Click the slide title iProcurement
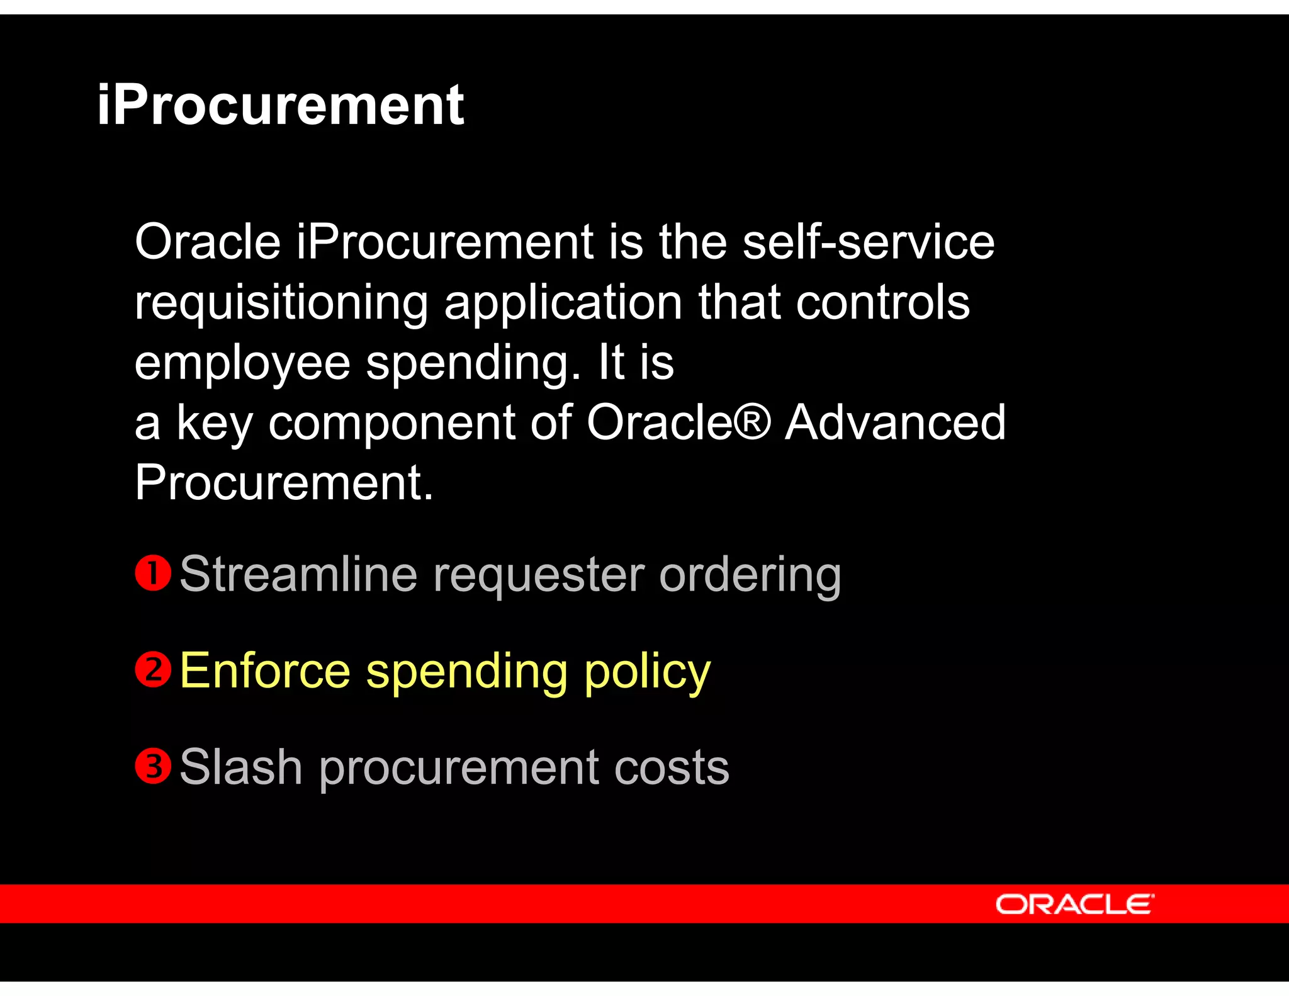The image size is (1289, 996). pos(281,105)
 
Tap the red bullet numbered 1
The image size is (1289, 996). pos(153,573)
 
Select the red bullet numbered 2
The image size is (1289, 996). pos(153,669)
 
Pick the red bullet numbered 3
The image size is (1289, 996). pos(153,766)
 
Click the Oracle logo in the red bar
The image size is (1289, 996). pos(1074,904)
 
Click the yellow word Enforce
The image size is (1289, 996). pos(265,671)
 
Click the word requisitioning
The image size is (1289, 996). pos(281,303)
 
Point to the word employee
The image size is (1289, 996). pos(242,363)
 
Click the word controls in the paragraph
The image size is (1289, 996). pos(882,302)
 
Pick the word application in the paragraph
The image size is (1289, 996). pos(563,303)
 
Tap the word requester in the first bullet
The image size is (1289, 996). pos(539,575)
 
